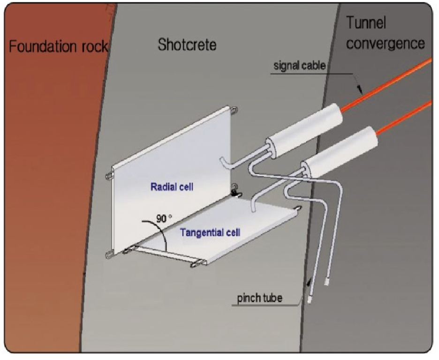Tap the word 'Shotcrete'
click(x=188, y=45)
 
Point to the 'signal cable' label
click(x=299, y=66)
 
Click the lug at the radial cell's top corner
click(x=235, y=111)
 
